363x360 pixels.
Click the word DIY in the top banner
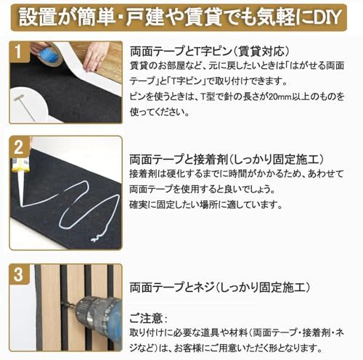326,17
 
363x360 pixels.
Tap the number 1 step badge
18,51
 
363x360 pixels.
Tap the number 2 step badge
19,147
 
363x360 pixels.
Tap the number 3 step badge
18,274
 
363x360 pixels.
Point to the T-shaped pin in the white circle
24,107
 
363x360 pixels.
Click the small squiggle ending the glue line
97,237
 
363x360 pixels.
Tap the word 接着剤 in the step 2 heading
210,159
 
